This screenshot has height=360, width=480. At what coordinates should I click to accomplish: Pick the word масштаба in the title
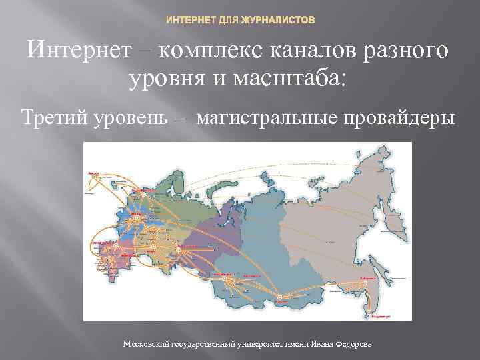pyautogui.click(x=299, y=81)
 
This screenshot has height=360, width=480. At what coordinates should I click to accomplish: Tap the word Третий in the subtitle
pyautogui.click(x=53, y=118)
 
